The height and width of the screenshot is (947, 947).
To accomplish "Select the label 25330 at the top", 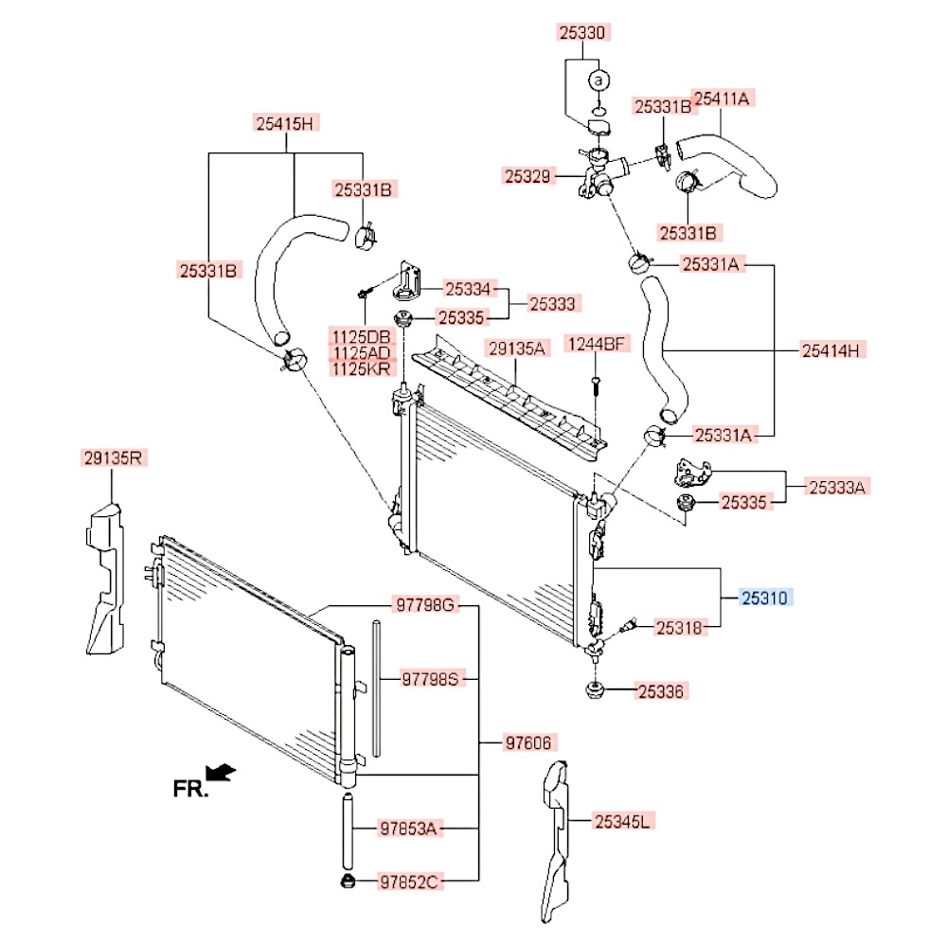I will [581, 33].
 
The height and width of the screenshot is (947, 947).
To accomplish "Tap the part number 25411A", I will [724, 98].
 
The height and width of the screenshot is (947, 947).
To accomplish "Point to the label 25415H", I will [288, 122].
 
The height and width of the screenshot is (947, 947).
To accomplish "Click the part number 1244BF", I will [597, 344].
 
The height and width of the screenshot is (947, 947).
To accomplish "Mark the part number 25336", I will [659, 692].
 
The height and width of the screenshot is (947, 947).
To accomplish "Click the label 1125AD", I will [360, 353].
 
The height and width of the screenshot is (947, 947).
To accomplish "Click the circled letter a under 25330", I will [599, 81].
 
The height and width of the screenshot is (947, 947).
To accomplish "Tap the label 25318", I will [680, 627].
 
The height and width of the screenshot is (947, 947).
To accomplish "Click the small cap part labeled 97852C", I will [347, 884].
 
